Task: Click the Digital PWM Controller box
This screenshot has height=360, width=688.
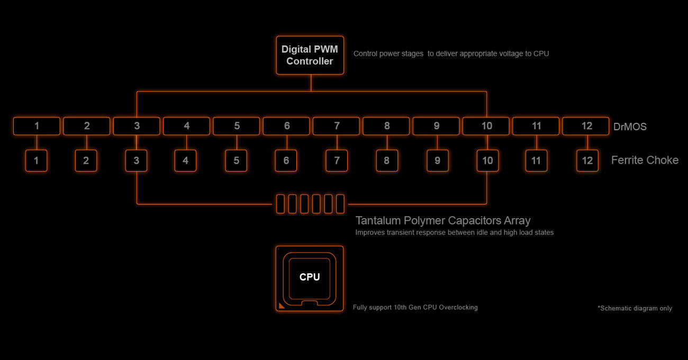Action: tap(310, 55)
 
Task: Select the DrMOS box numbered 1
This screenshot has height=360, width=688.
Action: tap(37, 126)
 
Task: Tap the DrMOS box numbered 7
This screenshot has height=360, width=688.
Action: tap(337, 126)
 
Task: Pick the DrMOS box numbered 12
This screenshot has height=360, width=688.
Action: tap(586, 126)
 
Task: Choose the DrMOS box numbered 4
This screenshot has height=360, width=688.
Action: tap(186, 126)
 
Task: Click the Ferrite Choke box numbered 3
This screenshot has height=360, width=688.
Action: tap(137, 160)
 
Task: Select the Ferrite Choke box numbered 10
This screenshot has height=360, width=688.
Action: tap(487, 160)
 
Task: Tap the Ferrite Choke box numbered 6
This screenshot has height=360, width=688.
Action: tap(286, 160)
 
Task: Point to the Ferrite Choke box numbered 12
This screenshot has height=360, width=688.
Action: tap(587, 160)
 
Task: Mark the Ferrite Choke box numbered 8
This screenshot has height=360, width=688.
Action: tap(387, 160)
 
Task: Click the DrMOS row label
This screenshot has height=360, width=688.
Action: tap(630, 127)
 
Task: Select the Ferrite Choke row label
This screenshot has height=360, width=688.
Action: tap(645, 160)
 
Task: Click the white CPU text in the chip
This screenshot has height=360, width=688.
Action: tap(310, 277)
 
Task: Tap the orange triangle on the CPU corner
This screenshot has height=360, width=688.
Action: tap(281, 305)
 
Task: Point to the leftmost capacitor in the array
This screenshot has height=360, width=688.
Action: tap(280, 204)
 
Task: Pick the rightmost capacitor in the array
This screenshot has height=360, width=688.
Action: tap(340, 204)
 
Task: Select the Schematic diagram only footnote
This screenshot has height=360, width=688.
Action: tap(635, 308)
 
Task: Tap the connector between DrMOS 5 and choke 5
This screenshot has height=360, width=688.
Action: tap(237, 142)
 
